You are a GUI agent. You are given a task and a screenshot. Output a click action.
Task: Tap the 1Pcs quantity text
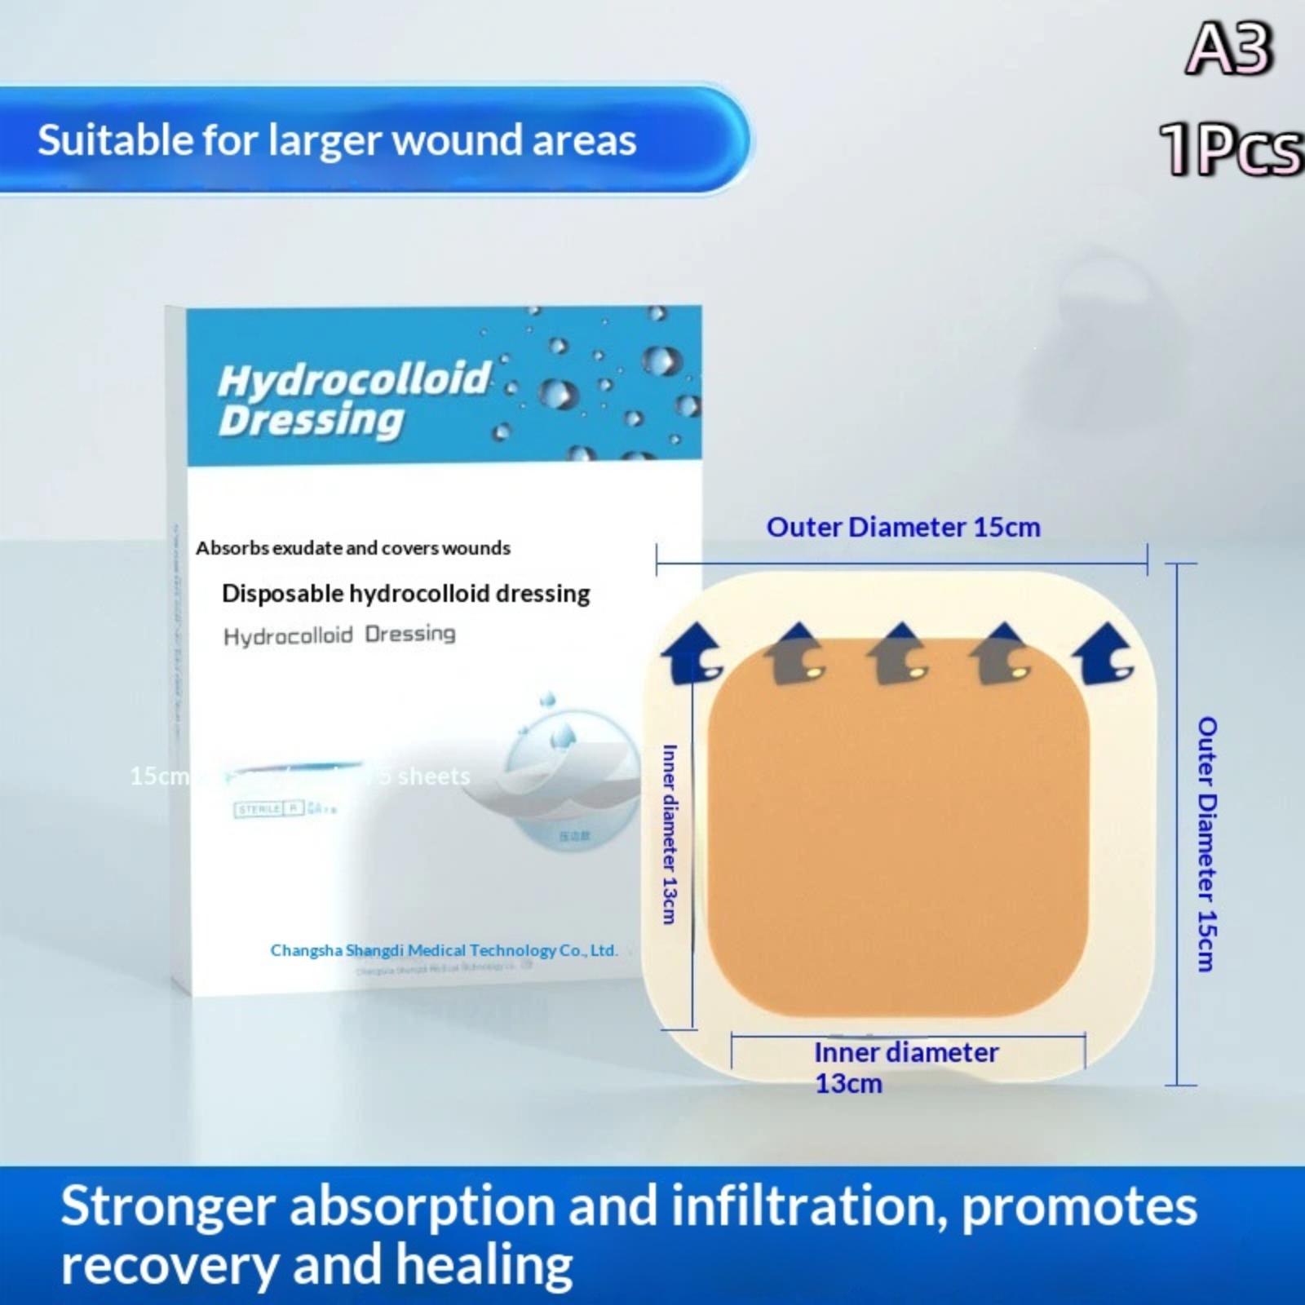point(1231,149)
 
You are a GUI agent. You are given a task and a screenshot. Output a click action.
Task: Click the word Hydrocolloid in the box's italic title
point(354,379)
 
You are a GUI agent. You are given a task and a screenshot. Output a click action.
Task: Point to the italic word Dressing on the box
point(311,421)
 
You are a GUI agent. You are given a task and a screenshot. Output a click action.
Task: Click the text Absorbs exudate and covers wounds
point(352,548)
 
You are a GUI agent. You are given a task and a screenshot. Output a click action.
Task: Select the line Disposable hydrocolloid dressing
point(405,594)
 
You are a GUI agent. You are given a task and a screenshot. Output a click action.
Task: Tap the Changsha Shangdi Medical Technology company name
point(444,950)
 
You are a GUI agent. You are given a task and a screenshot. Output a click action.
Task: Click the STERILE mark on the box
point(259,809)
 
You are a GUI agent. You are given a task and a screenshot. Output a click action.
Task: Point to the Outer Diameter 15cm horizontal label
point(903,528)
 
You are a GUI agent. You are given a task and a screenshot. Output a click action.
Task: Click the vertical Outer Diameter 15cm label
point(1207,844)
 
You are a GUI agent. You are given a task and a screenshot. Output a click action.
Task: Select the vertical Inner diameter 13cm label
point(670,834)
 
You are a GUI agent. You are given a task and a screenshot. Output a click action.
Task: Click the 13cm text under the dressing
point(848,1084)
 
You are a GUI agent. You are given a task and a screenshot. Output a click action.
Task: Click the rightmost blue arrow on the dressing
point(1104,652)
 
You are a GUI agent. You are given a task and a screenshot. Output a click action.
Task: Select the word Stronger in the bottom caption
point(167,1206)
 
